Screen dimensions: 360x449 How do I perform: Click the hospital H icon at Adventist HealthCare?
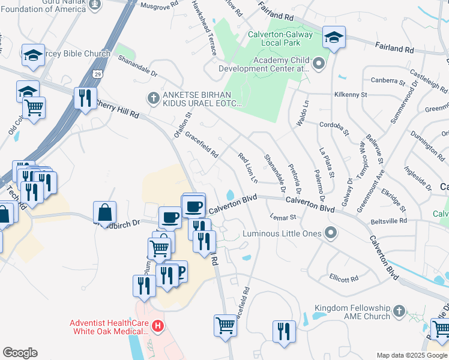click(158, 326)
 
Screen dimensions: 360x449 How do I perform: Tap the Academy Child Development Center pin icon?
click(318, 64)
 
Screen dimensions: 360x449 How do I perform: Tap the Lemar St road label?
click(283, 217)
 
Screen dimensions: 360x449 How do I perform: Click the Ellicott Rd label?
click(344, 278)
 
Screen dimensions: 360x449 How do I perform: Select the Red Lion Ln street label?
click(247, 168)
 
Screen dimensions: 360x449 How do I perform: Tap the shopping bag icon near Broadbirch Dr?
click(105, 212)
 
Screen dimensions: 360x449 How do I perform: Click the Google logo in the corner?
click(20, 353)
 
